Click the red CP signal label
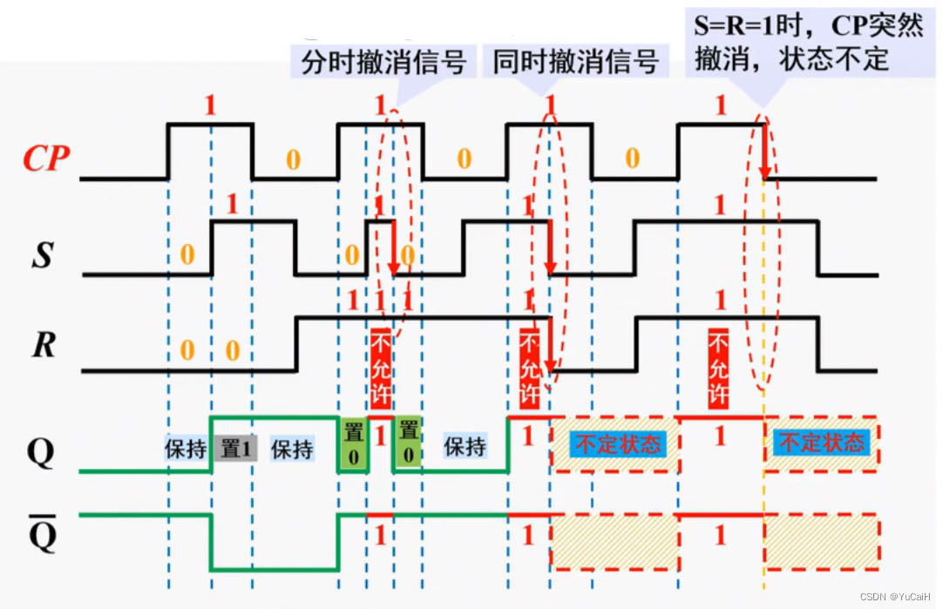click(x=46, y=159)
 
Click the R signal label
click(x=44, y=346)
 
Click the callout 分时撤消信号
click(x=383, y=63)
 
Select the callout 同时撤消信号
click(x=575, y=63)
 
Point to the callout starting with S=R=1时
click(x=807, y=42)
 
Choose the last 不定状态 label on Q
click(x=820, y=443)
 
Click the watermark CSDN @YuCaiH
click(x=898, y=597)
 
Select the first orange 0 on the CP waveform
click(x=294, y=159)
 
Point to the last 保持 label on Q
click(x=465, y=447)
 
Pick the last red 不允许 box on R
click(x=718, y=369)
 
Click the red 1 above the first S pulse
click(x=231, y=206)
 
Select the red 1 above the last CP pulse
click(x=720, y=106)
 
